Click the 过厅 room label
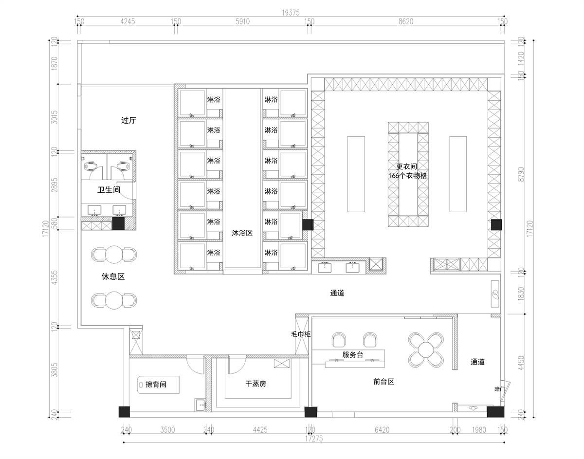pyautogui.click(x=128, y=120)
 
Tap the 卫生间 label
pyautogui.click(x=109, y=190)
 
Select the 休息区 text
pyautogui.click(x=113, y=276)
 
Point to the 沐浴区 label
pyautogui.click(x=242, y=233)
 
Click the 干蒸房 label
pyautogui.click(x=255, y=384)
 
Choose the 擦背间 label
pyautogui.click(x=156, y=385)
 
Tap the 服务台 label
pyautogui.click(x=353, y=354)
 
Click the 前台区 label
pyautogui.click(x=383, y=381)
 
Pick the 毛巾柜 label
pyautogui.click(x=301, y=334)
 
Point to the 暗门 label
pyautogui.click(x=500, y=389)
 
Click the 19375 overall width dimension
pyautogui.click(x=291, y=13)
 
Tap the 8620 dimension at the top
pyautogui.click(x=406, y=21)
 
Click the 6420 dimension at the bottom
pyautogui.click(x=382, y=430)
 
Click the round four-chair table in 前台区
pyautogui.click(x=426, y=350)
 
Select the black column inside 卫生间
pyautogui.click(x=118, y=223)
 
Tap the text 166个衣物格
pyautogui.click(x=408, y=176)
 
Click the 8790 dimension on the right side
pyautogui.click(x=521, y=174)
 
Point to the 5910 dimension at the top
pyautogui.click(x=242, y=21)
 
